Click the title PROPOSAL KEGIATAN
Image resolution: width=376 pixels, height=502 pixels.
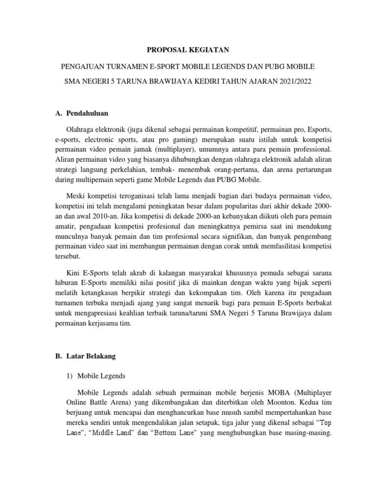[x=188, y=50]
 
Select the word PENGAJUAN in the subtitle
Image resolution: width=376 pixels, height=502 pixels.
[x=80, y=65]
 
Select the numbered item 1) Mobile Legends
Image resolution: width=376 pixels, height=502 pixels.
[x=97, y=376]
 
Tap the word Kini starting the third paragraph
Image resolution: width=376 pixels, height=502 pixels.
[x=73, y=272]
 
